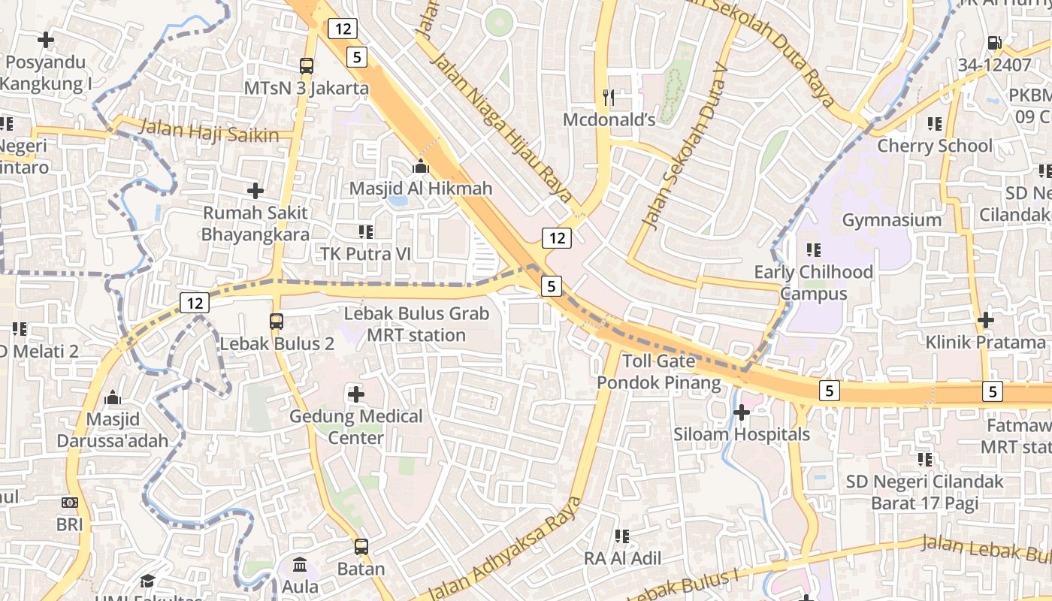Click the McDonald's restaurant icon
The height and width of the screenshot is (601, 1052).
click(x=609, y=97)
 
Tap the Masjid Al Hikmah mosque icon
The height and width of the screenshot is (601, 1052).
click(x=421, y=166)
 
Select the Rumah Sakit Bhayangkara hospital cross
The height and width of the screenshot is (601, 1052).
click(x=255, y=191)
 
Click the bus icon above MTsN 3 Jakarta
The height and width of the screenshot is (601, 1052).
click(x=306, y=65)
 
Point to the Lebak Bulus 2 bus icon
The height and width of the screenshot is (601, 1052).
click(x=277, y=322)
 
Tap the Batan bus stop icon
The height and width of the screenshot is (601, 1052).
click(x=361, y=546)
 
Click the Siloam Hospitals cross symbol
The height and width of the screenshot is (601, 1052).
click(x=742, y=412)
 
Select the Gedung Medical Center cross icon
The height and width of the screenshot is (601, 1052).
click(x=356, y=394)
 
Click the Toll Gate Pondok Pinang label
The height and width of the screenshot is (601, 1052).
click(x=658, y=372)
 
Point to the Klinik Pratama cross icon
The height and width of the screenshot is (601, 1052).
click(x=985, y=320)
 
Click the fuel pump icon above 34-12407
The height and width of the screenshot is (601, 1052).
click(x=994, y=44)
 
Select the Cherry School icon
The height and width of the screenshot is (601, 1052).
click(x=935, y=123)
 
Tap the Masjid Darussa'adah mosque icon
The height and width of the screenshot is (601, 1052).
click(x=113, y=397)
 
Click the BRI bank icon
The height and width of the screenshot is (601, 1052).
click(x=70, y=502)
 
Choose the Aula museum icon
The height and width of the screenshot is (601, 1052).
click(x=300, y=564)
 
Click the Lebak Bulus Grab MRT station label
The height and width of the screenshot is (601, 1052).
click(x=416, y=325)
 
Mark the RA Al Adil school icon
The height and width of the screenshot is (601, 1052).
click(x=622, y=536)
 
